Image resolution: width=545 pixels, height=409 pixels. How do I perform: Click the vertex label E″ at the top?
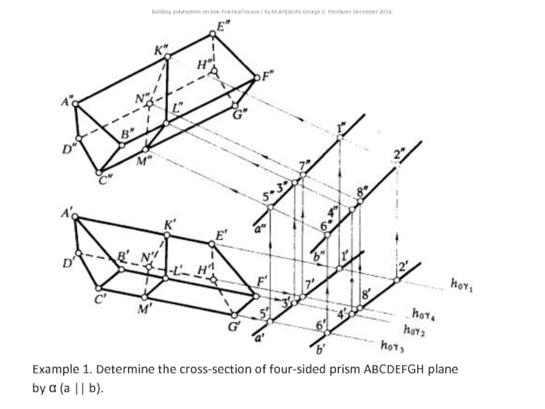click(x=222, y=27)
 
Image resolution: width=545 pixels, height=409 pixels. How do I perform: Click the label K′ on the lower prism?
click(x=170, y=224)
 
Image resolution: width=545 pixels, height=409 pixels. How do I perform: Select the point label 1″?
click(x=342, y=127)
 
